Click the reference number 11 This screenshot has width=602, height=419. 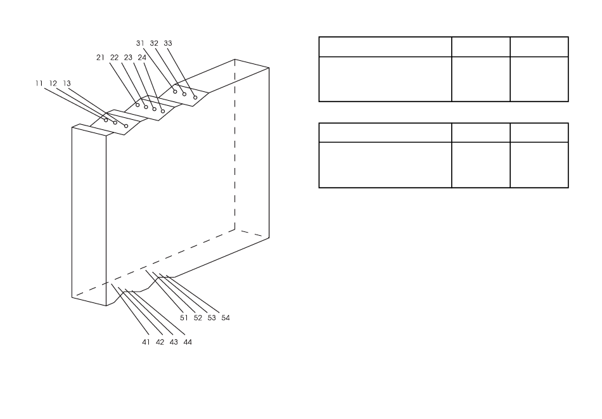coord(39,83)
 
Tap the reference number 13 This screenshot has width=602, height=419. coord(67,83)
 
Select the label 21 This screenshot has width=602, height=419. coord(100,58)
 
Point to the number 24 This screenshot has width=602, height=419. coord(142,58)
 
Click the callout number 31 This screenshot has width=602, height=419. coord(140,43)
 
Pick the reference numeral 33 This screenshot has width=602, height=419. coord(168,43)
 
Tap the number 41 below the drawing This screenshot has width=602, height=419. coord(146,342)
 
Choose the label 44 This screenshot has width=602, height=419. coord(188,342)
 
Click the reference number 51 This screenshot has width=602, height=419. coord(184,318)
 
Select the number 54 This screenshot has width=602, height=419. coord(226,318)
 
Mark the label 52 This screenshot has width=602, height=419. coord(198,318)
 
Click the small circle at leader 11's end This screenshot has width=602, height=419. coord(106,120)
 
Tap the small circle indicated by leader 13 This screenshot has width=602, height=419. coord(126,126)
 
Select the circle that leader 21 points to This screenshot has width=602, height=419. coord(138,105)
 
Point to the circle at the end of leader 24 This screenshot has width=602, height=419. coord(163,112)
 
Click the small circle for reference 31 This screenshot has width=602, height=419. coord(175,91)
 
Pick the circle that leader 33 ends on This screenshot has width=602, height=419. coord(195,98)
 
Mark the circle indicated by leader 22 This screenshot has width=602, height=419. coord(146,107)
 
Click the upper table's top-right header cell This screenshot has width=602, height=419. coord(539,47)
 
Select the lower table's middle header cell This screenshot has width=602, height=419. coord(481,133)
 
